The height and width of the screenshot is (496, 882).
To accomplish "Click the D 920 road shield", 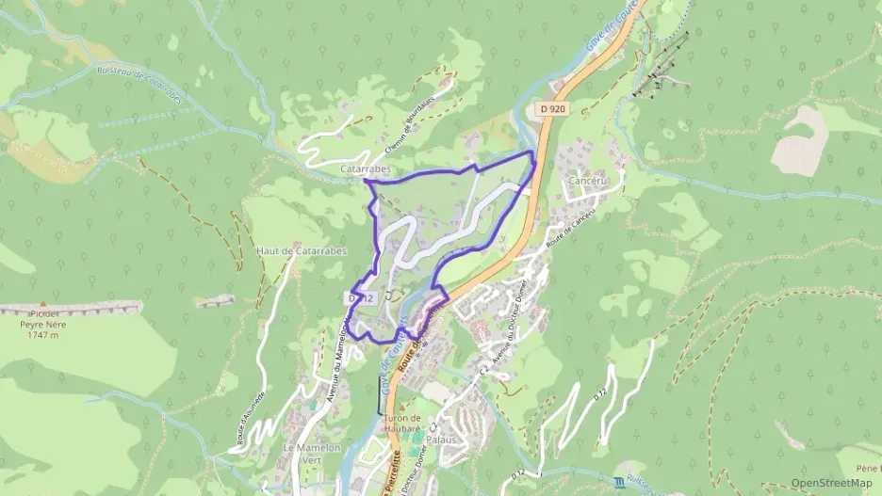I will pyautogui.click(x=553, y=109).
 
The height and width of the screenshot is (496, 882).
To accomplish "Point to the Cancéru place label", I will pyautogui.click(x=586, y=180).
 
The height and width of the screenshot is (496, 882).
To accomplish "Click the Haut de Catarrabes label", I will pyautogui.click(x=302, y=251).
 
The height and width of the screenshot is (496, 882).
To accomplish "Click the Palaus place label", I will pyautogui.click(x=441, y=440).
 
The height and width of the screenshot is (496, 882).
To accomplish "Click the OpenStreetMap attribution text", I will pyautogui.click(x=831, y=483).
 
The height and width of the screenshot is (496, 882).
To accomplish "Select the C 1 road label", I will pyautogui.click(x=388, y=296).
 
